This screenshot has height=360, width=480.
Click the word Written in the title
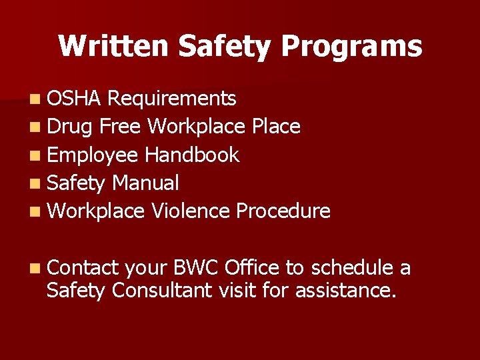coord(113,46)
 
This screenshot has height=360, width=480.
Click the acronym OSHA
coord(74,99)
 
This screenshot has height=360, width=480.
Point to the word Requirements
coord(171,99)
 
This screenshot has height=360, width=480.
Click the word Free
coord(121,127)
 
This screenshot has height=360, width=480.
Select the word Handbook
coord(192,155)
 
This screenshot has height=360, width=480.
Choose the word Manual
coord(146,183)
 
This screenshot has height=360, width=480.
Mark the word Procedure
coord(283,211)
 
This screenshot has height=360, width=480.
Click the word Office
coord(253,268)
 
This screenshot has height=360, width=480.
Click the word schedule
coord(352,268)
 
